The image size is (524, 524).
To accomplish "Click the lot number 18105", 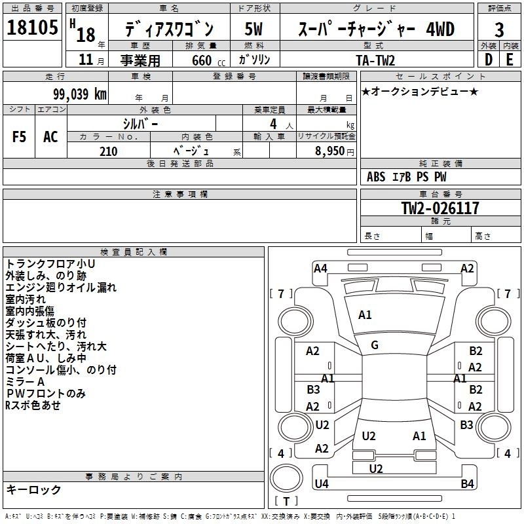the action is click(32, 27).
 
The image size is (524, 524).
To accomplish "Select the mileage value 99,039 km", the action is click(79, 94).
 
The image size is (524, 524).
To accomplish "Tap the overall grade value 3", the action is click(499, 29).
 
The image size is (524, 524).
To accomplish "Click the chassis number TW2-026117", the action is click(440, 208).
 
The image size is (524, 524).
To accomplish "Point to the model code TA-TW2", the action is click(375, 60).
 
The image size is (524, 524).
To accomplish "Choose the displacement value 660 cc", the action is click(208, 60).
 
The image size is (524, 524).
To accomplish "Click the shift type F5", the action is click(19, 137).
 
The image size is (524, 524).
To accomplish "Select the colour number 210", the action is click(108, 151).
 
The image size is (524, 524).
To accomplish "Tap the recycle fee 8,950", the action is click(330, 151).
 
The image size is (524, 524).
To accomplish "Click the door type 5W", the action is click(253, 29).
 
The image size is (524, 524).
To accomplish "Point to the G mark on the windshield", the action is click(375, 345).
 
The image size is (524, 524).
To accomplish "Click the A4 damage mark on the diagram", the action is click(320, 269).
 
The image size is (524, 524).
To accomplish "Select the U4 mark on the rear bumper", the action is click(322, 483).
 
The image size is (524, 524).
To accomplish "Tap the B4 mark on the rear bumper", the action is click(467, 483).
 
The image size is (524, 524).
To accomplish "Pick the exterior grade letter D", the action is click(489, 60).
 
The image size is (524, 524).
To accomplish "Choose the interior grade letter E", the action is click(510, 60).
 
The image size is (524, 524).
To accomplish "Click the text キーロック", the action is click(33, 489).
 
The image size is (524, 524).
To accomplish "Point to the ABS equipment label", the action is click(376, 177).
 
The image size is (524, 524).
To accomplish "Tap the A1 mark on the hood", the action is click(365, 315).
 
